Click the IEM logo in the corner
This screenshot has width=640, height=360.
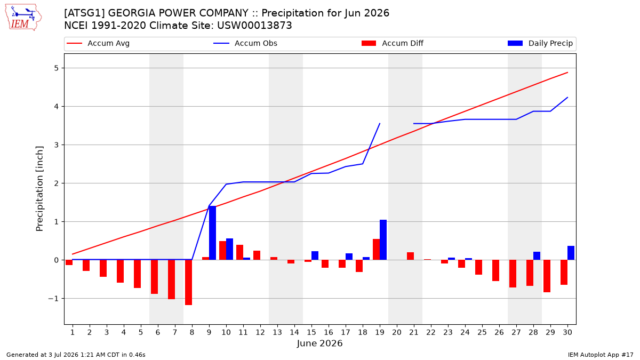pyautogui.click(x=23, y=18)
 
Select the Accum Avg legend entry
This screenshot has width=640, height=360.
pyautogui.click(x=98, y=43)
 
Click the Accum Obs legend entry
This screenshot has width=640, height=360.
pyautogui.click(x=245, y=43)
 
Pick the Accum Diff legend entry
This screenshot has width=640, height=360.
pyautogui.click(x=393, y=43)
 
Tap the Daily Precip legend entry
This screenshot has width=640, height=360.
pyautogui.click(x=540, y=43)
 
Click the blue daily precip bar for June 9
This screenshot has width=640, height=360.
pyautogui.click(x=213, y=233)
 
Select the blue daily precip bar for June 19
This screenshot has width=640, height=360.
pyautogui.click(x=383, y=239)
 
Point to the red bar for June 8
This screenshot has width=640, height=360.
pyautogui.click(x=189, y=282)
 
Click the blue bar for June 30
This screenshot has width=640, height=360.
pyautogui.click(x=571, y=253)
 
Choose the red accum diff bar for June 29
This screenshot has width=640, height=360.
pyautogui.click(x=547, y=276)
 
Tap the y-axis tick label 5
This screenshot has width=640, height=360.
pyautogui.click(x=56, y=68)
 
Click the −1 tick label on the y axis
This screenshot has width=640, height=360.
pyautogui.click(x=53, y=299)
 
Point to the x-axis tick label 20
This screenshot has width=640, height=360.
pyautogui.click(x=397, y=332)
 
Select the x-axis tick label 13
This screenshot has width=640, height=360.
pyautogui.click(x=277, y=332)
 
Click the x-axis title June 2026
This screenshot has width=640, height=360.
pyautogui.click(x=319, y=343)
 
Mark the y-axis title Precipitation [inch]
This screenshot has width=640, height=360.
pyautogui.click(x=39, y=189)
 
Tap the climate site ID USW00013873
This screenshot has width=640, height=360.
pyautogui.click(x=254, y=26)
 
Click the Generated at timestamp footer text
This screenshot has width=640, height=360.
pyautogui.click(x=76, y=355)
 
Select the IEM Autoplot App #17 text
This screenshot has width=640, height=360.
pyautogui.click(x=601, y=355)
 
